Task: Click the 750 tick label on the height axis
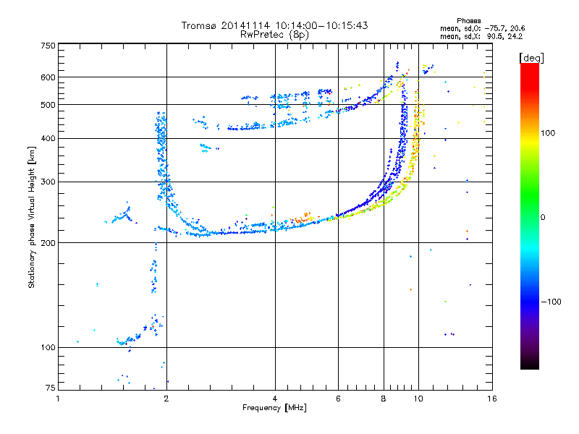[47, 45]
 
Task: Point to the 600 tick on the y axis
[47, 77]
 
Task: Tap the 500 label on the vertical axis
[47, 105]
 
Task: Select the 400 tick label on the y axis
[47, 139]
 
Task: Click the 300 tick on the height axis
[47, 182]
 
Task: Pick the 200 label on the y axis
[47, 243]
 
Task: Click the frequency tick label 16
[491, 399]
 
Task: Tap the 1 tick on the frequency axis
[58, 399]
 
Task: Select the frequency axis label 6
[338, 399]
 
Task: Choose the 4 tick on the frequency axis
[275, 399]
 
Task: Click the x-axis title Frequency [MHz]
[274, 409]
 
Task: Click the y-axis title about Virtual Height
[32, 217]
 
